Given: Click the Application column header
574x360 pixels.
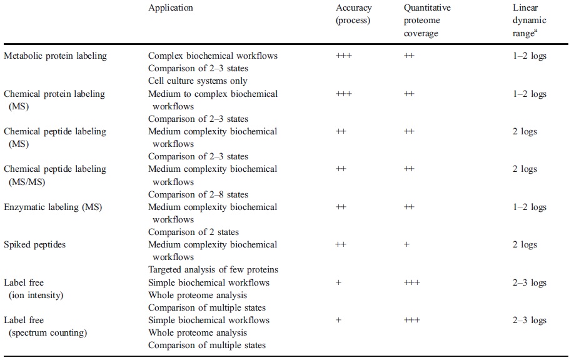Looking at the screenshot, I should (x=171, y=8).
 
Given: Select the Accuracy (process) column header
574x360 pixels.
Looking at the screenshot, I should (x=354, y=14).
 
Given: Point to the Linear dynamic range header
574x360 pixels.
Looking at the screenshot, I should (x=526, y=21).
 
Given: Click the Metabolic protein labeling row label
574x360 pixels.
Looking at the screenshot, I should (x=55, y=56).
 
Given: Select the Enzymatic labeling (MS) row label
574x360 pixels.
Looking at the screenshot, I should (x=53, y=207).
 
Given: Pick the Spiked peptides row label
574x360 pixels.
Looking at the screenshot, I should (x=34, y=244).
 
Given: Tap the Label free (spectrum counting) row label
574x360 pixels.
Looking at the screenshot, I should (x=45, y=326).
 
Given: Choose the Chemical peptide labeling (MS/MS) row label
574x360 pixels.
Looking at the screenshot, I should (x=55, y=175).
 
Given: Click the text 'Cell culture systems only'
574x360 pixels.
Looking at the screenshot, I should (x=198, y=81).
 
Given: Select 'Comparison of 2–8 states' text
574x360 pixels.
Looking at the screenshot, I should (x=198, y=194).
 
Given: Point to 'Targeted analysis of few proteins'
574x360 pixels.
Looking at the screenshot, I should (x=213, y=269).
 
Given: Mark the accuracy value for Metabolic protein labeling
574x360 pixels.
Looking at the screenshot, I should (x=344, y=56).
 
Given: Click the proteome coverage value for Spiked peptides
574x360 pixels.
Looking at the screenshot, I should (x=406, y=244).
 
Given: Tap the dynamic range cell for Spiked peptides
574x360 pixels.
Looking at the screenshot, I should (x=525, y=244).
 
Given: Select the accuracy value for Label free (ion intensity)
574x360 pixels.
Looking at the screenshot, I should (x=338, y=282).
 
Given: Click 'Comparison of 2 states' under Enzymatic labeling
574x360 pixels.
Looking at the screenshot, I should (x=193, y=232).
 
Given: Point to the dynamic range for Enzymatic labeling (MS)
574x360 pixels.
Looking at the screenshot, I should (x=529, y=207).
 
